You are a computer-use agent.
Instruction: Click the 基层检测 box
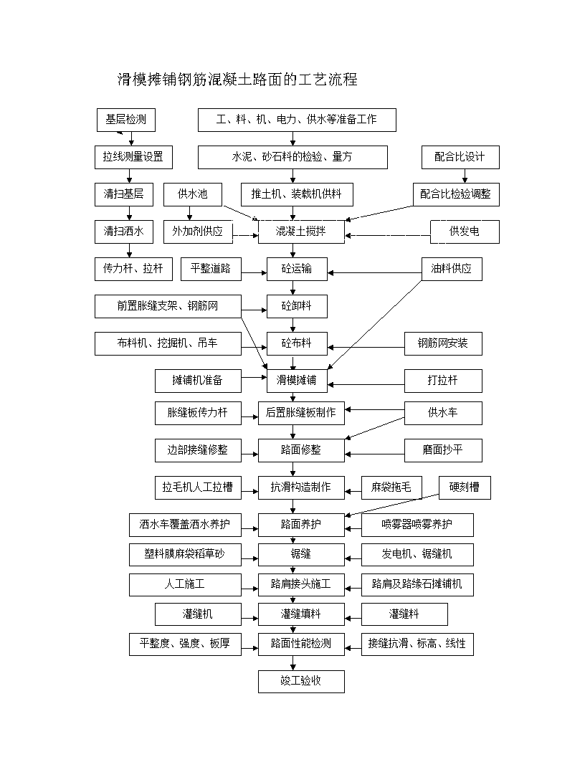point(126,120)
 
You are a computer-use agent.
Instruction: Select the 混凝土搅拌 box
point(301,232)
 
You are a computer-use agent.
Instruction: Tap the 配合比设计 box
point(460,158)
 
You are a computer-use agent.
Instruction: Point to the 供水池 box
point(193,194)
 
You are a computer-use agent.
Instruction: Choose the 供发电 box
point(465,232)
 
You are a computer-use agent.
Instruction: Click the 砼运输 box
point(297,269)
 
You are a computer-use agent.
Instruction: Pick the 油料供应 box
point(452,269)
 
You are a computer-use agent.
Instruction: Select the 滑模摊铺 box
point(297,381)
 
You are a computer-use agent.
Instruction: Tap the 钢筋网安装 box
point(443,344)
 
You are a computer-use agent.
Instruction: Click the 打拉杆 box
point(443,381)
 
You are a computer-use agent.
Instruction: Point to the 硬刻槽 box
point(465,487)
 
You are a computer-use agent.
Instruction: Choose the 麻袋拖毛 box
point(392,487)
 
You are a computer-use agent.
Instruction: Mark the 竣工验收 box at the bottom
point(301,681)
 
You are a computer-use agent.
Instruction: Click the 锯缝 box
point(301,555)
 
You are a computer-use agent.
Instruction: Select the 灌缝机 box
point(198,614)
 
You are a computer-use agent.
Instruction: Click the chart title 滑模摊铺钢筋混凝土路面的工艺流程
point(237,79)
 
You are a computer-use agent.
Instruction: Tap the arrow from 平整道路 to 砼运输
point(254,273)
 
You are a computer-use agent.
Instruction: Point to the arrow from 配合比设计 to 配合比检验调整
point(465,176)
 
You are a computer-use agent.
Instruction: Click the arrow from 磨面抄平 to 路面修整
point(374,454)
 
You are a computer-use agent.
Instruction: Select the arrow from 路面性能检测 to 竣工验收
point(293,663)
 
